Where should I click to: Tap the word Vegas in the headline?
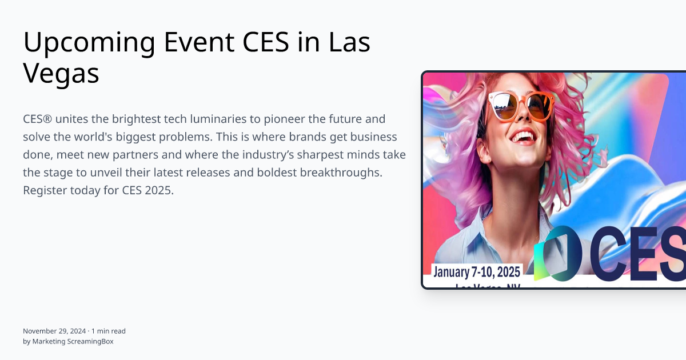61,74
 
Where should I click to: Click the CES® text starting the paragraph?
37,119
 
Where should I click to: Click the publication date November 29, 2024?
54,331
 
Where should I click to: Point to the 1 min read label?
109,331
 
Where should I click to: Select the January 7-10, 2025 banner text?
477,271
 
